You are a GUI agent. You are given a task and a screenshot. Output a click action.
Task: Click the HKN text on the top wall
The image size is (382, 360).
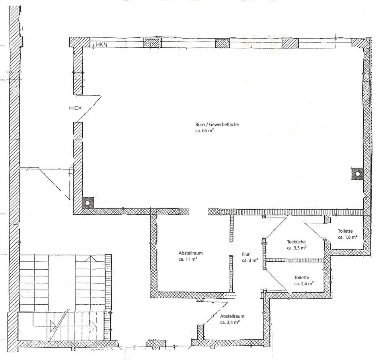pyautogui.click(x=101, y=45)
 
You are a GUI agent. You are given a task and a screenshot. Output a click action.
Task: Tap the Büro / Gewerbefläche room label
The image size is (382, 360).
pyautogui.click(x=217, y=125)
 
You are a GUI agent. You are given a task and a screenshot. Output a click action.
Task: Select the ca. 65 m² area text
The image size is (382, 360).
pyautogui.click(x=205, y=130)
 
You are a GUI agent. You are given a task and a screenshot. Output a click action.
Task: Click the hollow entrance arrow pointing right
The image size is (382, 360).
pyautogui.click(x=75, y=108)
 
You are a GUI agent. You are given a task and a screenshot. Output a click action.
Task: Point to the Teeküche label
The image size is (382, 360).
pyautogui.click(x=296, y=242)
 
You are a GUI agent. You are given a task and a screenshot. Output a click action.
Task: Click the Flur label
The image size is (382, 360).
pyautogui.click(x=246, y=255)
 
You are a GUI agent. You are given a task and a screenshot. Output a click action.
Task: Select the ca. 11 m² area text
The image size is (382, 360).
pyautogui.click(x=188, y=259)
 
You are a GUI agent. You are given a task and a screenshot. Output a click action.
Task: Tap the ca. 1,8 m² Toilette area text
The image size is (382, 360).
pyautogui.click(x=348, y=237)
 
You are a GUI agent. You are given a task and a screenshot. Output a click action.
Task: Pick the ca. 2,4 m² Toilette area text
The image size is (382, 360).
pyautogui.click(x=304, y=284)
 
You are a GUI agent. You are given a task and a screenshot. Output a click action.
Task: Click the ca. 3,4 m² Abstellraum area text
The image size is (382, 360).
pyautogui.click(x=230, y=322)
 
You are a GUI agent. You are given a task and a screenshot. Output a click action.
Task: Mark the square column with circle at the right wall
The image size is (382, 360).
pyautogui.click(x=357, y=174)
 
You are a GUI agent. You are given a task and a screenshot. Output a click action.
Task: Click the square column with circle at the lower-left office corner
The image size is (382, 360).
pyautogui.click(x=88, y=202)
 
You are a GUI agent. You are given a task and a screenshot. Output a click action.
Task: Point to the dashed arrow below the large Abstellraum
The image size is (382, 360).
pyautogui.click(x=230, y=296)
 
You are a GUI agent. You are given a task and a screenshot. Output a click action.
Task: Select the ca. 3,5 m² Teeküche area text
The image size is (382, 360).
pyautogui.click(x=296, y=248)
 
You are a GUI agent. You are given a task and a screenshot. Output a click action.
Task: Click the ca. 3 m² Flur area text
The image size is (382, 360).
pyautogui.click(x=250, y=261)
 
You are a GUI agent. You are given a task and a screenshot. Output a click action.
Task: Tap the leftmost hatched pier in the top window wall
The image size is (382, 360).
pyautogui.click(x=152, y=43)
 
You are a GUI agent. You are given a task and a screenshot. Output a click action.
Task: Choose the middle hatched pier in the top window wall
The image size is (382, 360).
pyautogui.click(x=222, y=43)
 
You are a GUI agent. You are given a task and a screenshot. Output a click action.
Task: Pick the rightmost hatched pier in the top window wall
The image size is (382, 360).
pyautogui.click(x=290, y=43)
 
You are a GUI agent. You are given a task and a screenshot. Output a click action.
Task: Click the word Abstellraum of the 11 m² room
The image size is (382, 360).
pyautogui.click(x=191, y=253)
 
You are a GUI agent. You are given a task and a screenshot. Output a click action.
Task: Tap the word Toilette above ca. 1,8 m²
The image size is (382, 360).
pyautogui.click(x=345, y=231)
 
